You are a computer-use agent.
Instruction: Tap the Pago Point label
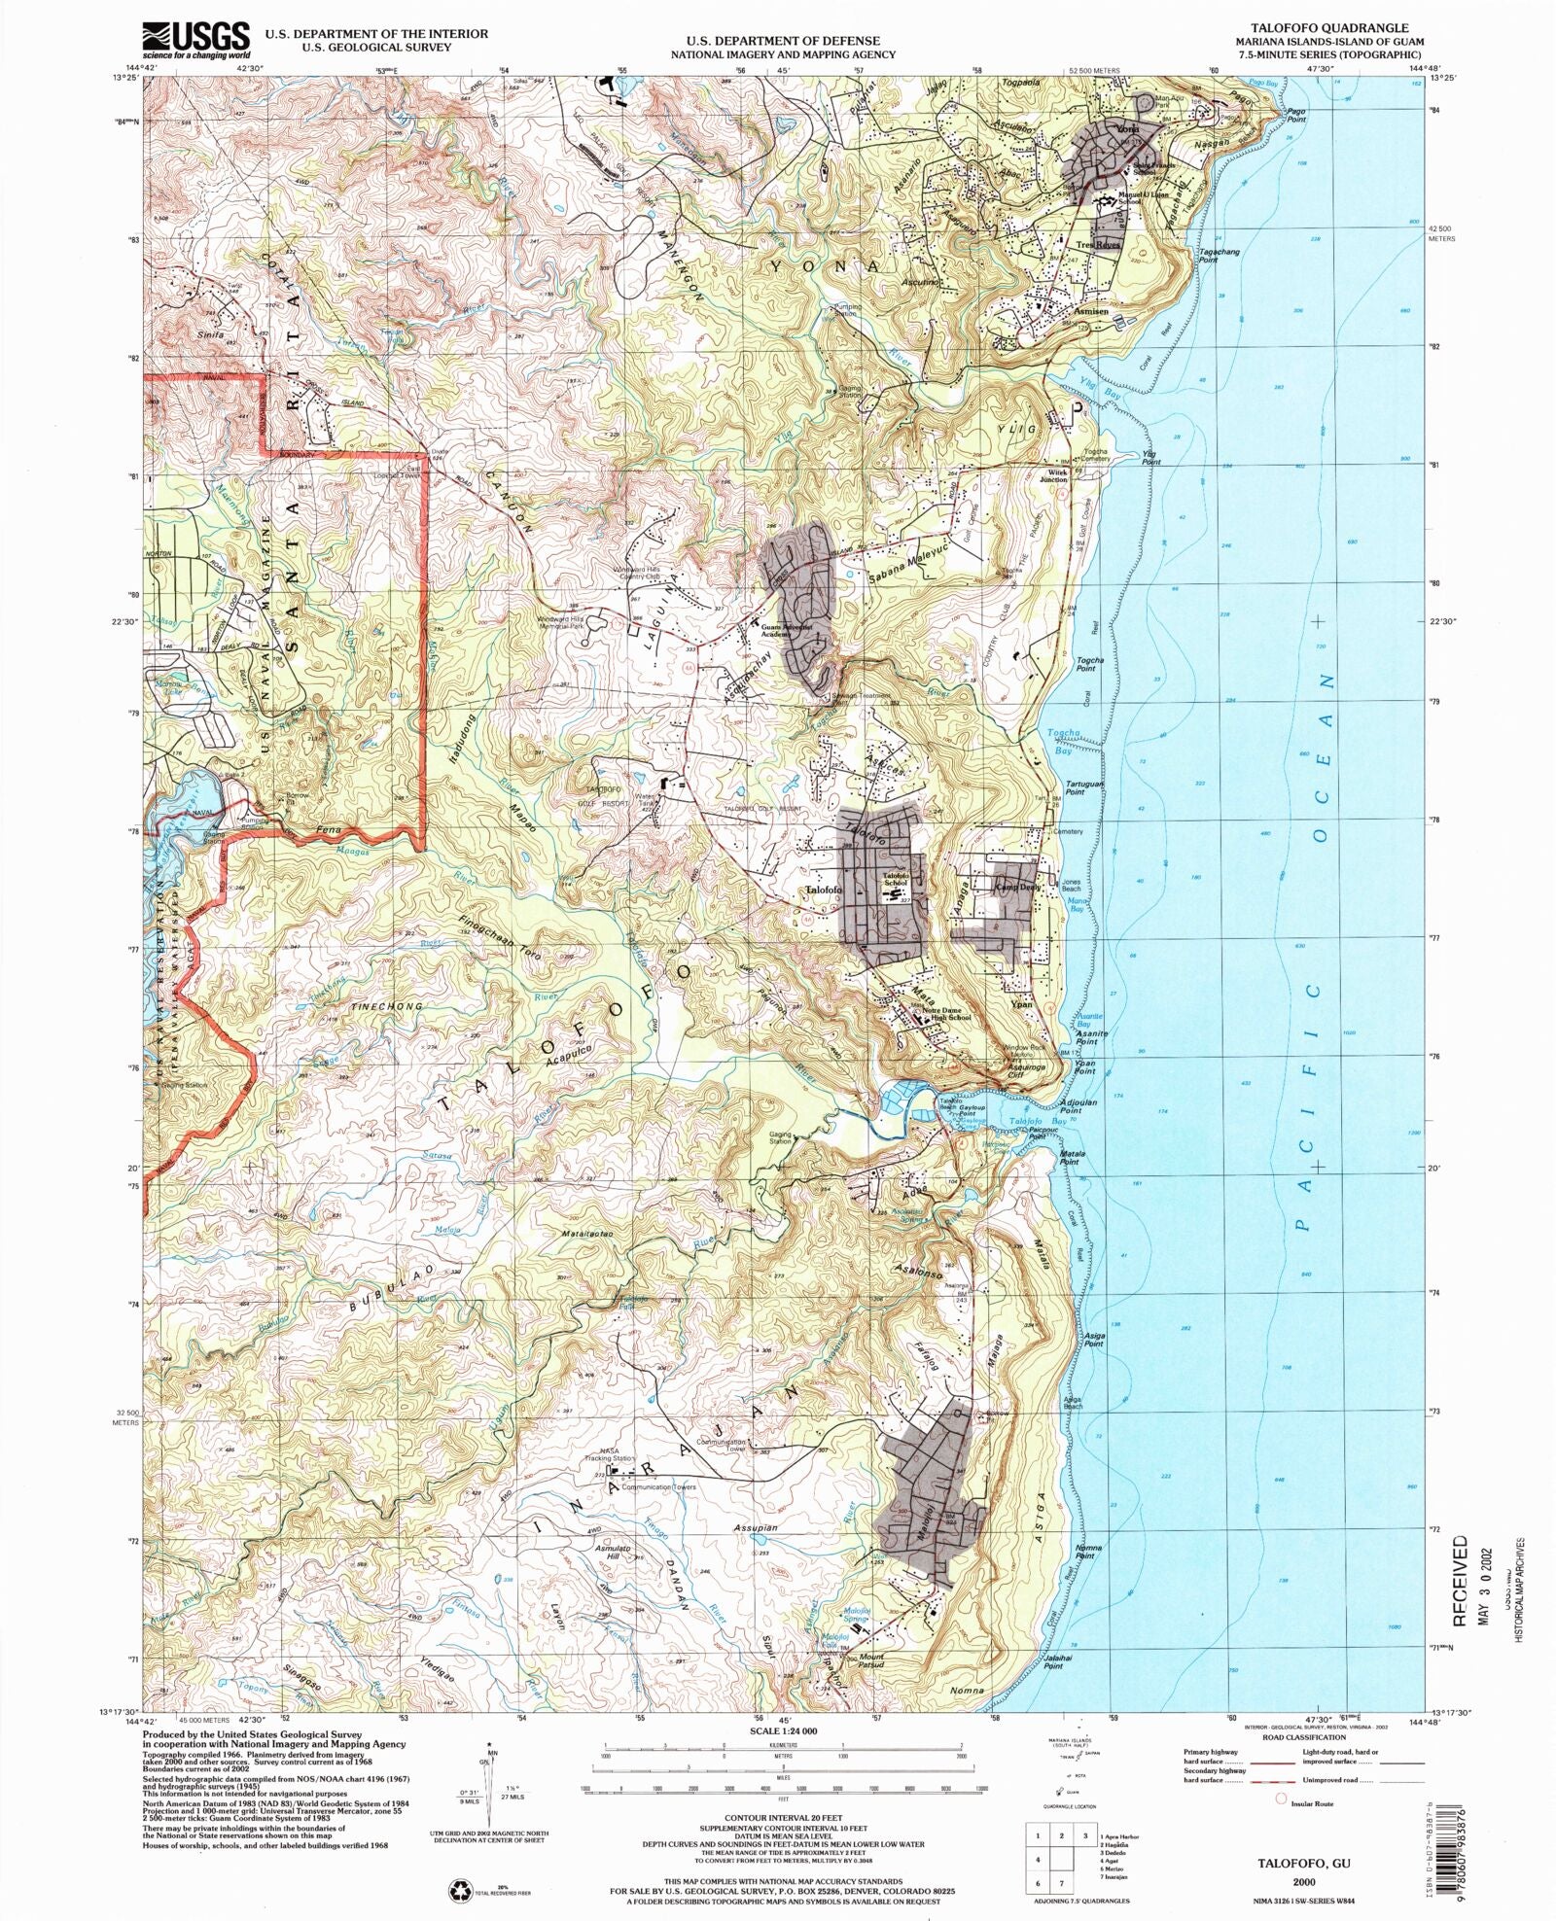tap(1295, 115)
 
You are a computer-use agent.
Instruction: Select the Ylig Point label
tap(1150, 458)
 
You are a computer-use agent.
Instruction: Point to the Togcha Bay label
tap(1059, 742)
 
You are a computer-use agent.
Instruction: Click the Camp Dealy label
tap(1017, 887)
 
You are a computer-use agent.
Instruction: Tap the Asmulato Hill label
tap(613, 1553)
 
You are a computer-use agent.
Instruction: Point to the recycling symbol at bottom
tap(460, 1889)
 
